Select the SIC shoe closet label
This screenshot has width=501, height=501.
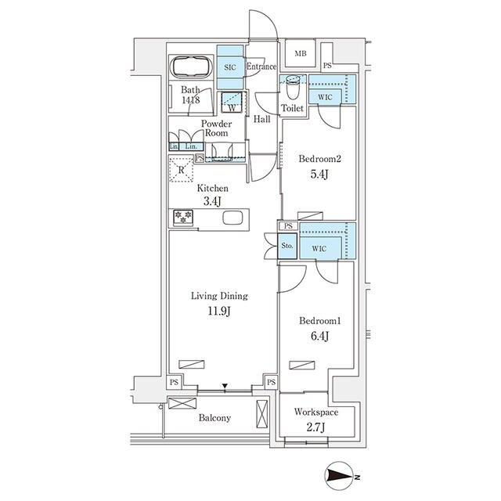tap(230, 67)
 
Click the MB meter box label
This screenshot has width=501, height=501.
tap(301, 54)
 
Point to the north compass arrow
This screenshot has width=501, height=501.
tap(340, 478)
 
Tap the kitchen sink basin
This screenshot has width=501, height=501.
tap(232, 218)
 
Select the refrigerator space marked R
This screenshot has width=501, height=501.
tap(181, 169)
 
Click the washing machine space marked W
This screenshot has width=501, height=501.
tap(232, 102)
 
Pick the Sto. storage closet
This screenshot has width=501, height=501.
tap(287, 246)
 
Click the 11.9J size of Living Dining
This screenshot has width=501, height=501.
tap(219, 311)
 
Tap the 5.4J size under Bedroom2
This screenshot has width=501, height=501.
tap(319, 174)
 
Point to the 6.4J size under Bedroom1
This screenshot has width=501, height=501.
tap(320, 336)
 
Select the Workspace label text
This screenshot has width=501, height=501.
tap(316, 413)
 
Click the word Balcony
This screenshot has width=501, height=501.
tap(214, 417)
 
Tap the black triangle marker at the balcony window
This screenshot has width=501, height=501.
tap(225, 386)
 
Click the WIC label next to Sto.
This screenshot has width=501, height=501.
tap(319, 248)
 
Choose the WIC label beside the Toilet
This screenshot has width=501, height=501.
tap(325, 97)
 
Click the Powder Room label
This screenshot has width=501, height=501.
tap(216, 128)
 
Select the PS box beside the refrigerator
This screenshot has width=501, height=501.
tap(200, 158)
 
